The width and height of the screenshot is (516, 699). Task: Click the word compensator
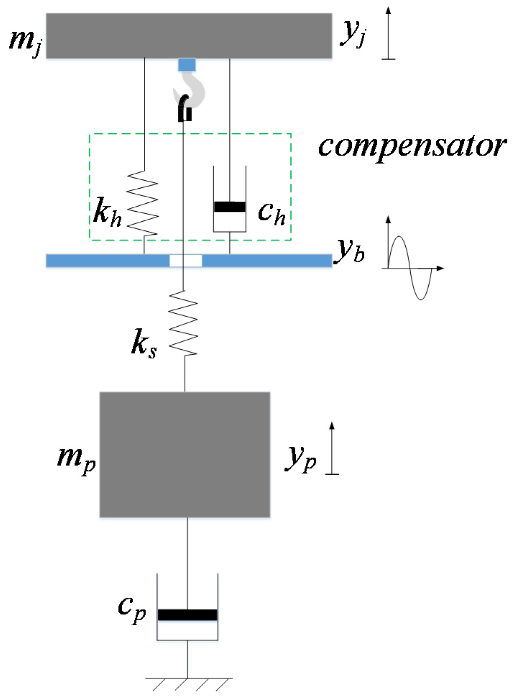coord(412,147)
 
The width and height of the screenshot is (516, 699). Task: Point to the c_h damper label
coord(271,213)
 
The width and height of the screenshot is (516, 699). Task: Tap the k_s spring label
coord(144,343)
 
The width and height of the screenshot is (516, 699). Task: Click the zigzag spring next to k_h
coord(143,203)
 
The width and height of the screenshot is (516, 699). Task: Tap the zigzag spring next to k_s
coord(183,323)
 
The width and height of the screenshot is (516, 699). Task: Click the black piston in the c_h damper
coord(230,207)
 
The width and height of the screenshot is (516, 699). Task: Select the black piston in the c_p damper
coord(187,615)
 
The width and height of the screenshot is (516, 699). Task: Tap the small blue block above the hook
coord(187,65)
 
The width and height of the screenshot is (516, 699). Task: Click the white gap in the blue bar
coord(186,261)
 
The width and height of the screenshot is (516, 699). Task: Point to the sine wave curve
coord(410,268)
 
